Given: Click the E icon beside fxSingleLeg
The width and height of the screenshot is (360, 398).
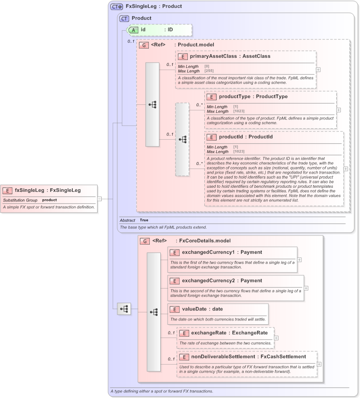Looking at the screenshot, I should point(8,191).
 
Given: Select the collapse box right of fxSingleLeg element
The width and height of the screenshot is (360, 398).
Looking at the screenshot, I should point(99,199).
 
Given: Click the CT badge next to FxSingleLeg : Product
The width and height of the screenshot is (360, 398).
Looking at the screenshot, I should point(117,6).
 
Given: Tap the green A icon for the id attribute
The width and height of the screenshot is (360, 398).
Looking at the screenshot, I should point(133,30).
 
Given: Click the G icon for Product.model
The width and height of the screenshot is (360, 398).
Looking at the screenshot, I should point(143,45).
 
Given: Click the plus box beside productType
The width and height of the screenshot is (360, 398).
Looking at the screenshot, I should point(338,110).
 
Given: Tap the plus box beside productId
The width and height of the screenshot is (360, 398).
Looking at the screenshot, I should point(345,169).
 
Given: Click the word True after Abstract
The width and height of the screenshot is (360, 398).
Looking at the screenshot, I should point(144,220).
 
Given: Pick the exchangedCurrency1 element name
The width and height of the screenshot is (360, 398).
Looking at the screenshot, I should point(208,252).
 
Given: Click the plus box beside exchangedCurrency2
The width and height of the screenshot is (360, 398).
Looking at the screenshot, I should point(306,288).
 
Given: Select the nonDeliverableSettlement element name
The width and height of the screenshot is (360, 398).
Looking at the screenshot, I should point(223,356).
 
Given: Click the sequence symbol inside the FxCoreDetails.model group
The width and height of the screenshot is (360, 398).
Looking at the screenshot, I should point(153,311).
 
